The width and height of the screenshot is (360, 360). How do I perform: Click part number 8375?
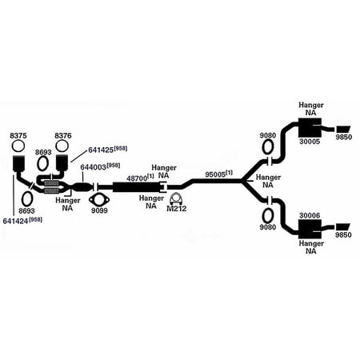click(18, 136)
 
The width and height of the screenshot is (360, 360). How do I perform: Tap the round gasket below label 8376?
click(62, 146)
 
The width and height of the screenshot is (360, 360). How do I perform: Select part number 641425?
click(101, 150)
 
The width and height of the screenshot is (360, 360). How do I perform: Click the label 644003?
click(94, 167)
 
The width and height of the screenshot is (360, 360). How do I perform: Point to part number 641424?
click(15, 221)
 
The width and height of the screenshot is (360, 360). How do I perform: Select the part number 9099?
click(99, 210)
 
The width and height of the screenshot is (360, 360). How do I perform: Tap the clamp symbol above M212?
click(176, 198)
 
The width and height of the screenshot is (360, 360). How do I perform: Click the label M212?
click(177, 209)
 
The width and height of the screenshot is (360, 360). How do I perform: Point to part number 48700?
click(137, 178)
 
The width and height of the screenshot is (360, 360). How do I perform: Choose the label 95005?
click(215, 174)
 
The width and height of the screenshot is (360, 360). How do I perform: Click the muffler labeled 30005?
click(310, 127)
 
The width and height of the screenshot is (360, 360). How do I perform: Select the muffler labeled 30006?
click(310, 229)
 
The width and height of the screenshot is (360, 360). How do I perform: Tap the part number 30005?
click(310, 142)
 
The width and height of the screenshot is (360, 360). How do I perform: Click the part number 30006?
click(310, 215)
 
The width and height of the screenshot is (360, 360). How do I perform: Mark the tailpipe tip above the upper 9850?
click(343, 129)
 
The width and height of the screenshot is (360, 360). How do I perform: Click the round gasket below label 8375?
click(18, 146)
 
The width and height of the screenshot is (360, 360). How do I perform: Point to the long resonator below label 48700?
click(137, 187)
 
